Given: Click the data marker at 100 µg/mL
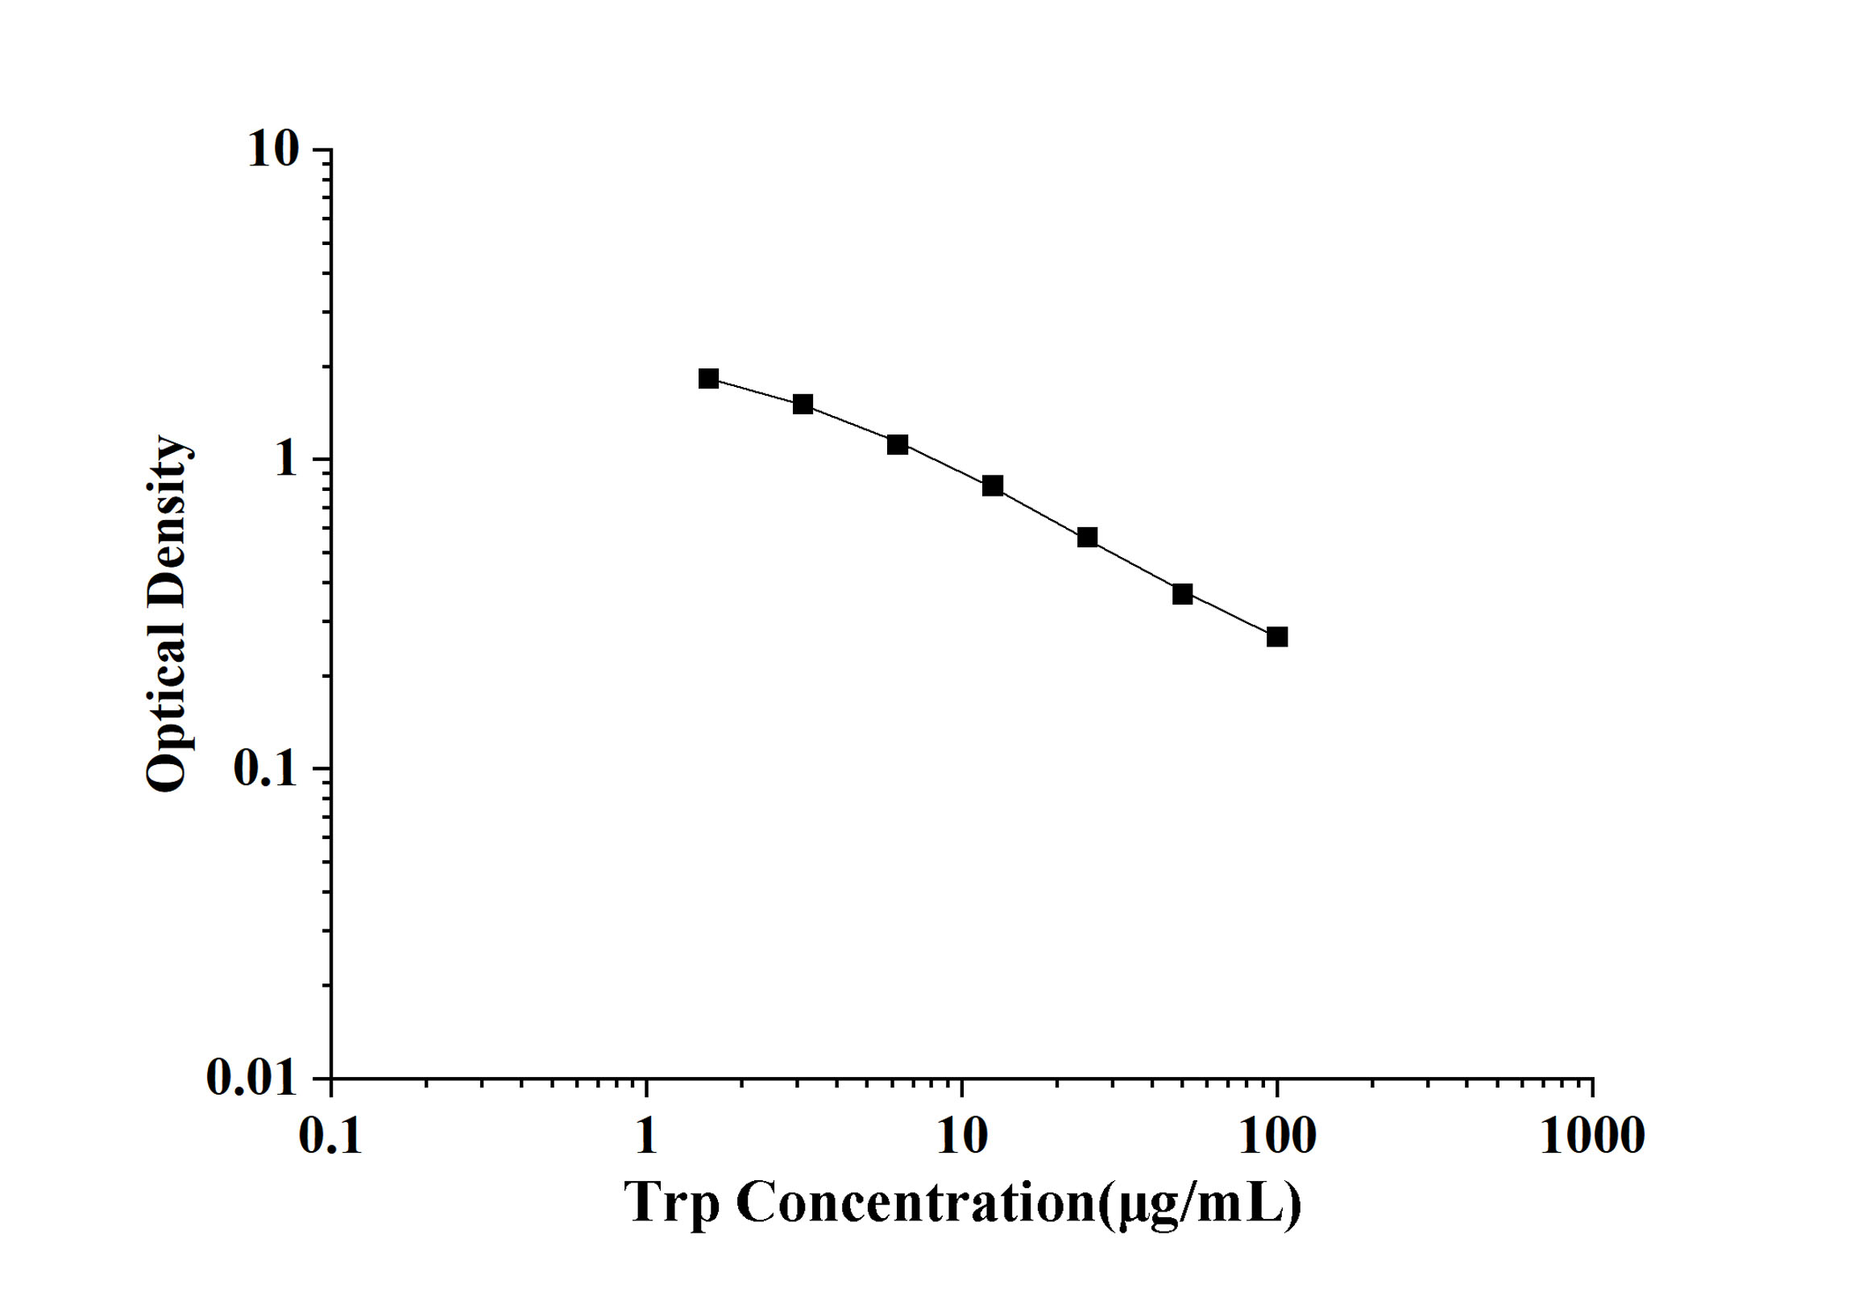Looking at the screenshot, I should pyautogui.click(x=1277, y=637).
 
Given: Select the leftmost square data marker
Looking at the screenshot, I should pyautogui.click(x=708, y=378).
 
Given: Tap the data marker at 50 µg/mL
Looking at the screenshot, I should pyautogui.click(x=1182, y=594).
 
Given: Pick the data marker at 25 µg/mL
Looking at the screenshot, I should pyautogui.click(x=1088, y=537).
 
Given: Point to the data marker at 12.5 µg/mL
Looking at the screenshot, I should pyautogui.click(x=993, y=485).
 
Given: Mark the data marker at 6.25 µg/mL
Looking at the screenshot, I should pyautogui.click(x=898, y=444).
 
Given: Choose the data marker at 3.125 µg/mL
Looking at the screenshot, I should pyautogui.click(x=803, y=404).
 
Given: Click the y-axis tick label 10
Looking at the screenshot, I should pyautogui.click(x=273, y=150).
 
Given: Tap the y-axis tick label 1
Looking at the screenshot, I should pyautogui.click(x=285, y=460).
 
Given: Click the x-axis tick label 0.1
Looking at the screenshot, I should pyautogui.click(x=330, y=1137).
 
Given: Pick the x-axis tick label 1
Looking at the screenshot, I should pyautogui.click(x=646, y=1137).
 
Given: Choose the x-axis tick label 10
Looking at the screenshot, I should pyautogui.click(x=962, y=1137).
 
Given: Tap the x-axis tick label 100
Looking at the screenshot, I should pyautogui.click(x=1277, y=1137).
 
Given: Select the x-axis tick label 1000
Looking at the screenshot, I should pyautogui.click(x=1592, y=1137).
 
